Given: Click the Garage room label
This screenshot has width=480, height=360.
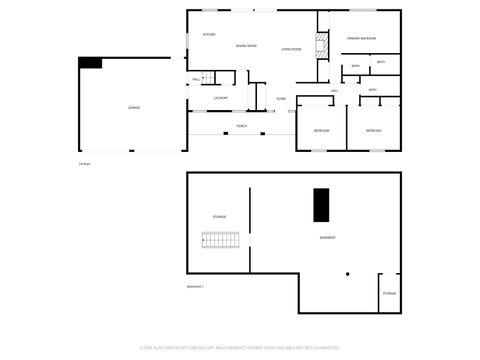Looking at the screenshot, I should point(133,107).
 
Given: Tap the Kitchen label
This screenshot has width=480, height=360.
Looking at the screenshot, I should point(209,35).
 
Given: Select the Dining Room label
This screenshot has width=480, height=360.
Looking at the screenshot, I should point(246,46).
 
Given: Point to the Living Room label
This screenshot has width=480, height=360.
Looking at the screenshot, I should point(291,48).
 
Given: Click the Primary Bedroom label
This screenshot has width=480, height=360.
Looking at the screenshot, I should point(361,38).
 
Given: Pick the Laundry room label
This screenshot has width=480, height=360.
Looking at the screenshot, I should point(221,98).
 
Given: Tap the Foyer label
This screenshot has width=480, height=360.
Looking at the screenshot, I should point(282,98).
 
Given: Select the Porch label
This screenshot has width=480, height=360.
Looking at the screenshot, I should point(242,126).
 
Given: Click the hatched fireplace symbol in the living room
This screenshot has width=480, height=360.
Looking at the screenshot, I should point(322,45).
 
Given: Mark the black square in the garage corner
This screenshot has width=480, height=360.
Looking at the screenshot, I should point(91,63).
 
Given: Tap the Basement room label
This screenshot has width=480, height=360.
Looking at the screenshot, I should point(327,237).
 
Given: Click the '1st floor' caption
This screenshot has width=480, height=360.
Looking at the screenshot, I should point(84,164).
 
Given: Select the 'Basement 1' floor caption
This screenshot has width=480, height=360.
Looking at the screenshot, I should point(195,286).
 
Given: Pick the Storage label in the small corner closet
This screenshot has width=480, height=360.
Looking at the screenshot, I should point(389,293).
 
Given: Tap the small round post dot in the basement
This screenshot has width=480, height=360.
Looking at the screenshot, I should point(346,273).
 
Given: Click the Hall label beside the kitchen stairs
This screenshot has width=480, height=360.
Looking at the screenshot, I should point(196,79).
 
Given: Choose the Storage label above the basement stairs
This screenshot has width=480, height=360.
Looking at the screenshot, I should point(219,216).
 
